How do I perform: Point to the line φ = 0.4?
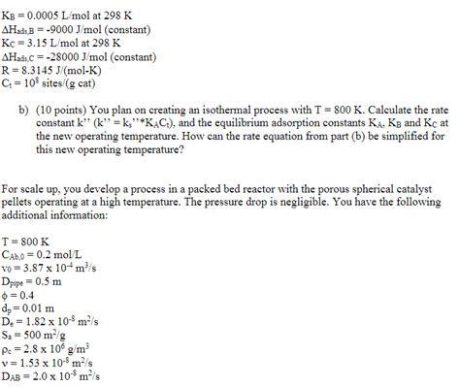(x=19, y=297)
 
